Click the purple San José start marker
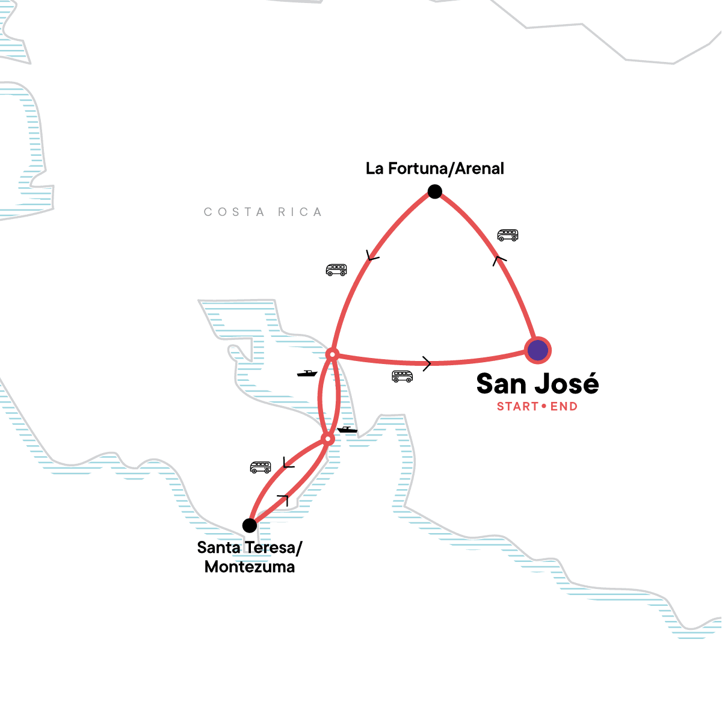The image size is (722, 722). (x=537, y=350)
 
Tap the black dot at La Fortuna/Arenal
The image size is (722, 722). (x=434, y=192)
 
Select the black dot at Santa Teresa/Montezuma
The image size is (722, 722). (x=250, y=525)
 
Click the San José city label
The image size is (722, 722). (x=537, y=384)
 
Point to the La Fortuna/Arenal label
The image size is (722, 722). (x=434, y=168)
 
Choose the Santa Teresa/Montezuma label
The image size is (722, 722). (x=250, y=557)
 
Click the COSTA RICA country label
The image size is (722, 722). (x=263, y=212)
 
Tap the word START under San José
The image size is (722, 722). (x=517, y=407)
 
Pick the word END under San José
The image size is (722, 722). (x=564, y=407)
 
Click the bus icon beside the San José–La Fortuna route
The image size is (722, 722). (x=508, y=235)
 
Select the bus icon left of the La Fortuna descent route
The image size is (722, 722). (x=336, y=270)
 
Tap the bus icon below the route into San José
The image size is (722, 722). (x=403, y=377)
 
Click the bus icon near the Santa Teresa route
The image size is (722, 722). (x=261, y=467)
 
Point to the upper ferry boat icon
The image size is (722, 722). (x=307, y=374)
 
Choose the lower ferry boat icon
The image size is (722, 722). (x=347, y=430)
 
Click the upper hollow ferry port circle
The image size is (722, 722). (x=332, y=354)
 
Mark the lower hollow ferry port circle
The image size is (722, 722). (x=327, y=439)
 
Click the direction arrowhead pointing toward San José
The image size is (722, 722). (x=427, y=363)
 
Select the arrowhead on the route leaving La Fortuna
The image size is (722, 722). (x=372, y=257)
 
